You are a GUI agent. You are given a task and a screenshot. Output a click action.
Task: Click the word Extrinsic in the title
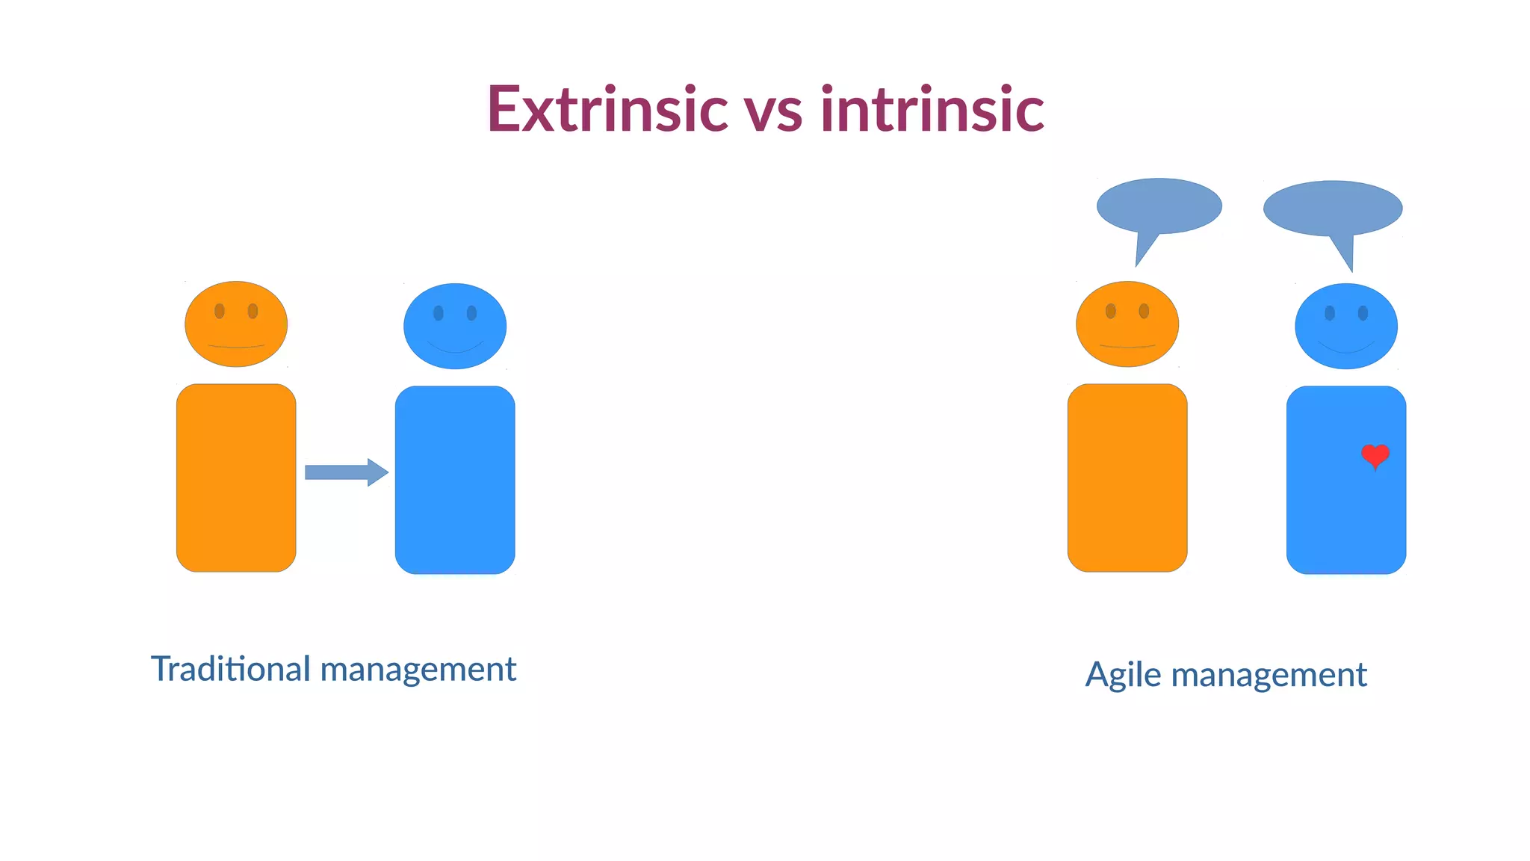[x=607, y=109]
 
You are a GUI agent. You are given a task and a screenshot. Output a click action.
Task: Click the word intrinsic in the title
[x=932, y=109]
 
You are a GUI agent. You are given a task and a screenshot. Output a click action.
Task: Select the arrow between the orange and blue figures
[x=346, y=472]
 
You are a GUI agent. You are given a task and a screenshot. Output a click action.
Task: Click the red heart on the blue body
[x=1375, y=454]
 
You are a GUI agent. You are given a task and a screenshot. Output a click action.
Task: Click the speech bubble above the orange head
[x=1159, y=206]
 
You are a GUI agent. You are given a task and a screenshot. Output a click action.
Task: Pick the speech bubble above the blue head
[x=1332, y=209]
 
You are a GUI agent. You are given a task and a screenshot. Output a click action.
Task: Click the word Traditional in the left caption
[x=230, y=668]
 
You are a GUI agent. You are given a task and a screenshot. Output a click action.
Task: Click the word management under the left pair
[x=418, y=670]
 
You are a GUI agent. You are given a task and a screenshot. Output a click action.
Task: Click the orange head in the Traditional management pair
[x=236, y=324]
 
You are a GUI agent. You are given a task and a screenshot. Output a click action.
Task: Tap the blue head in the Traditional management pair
[x=455, y=326]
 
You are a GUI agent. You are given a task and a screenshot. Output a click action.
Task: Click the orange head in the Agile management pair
[x=1127, y=324]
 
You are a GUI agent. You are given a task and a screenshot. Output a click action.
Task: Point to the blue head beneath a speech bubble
[x=1346, y=326]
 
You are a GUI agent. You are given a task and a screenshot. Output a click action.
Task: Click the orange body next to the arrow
[x=236, y=478]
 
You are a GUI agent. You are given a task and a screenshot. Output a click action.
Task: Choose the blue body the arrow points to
[x=455, y=480]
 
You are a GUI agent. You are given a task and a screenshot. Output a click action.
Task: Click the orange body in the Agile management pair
[x=1127, y=478]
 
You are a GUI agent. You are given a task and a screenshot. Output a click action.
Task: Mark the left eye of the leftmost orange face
[x=220, y=311]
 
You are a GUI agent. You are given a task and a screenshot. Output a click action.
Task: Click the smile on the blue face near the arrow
[x=455, y=348]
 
